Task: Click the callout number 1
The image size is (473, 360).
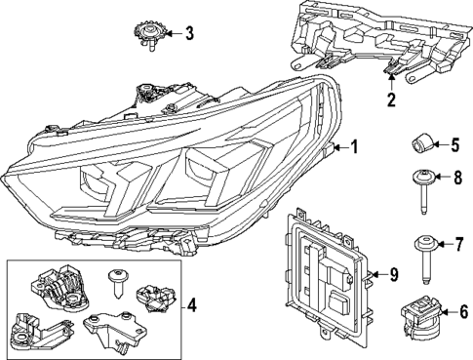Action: point(354,147)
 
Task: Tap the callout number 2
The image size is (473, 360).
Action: point(391,99)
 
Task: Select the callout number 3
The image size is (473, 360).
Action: point(188,33)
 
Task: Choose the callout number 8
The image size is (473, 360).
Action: point(455,178)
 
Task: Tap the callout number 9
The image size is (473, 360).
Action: point(393,276)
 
